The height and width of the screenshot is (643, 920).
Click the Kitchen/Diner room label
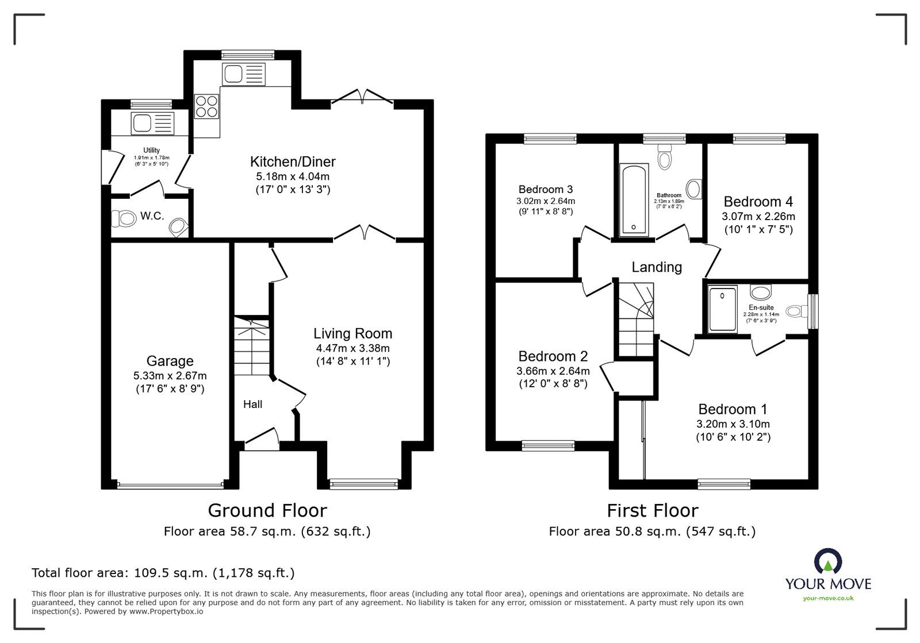click(293, 161)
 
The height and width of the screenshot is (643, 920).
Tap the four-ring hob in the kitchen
click(207, 106)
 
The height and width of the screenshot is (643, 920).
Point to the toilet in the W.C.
click(122, 218)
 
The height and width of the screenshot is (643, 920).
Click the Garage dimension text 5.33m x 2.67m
click(170, 376)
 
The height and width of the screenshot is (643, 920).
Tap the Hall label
click(252, 405)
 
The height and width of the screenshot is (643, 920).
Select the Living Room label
click(352, 333)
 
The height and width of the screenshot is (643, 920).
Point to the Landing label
click(657, 267)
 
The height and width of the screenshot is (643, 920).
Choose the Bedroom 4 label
click(758, 202)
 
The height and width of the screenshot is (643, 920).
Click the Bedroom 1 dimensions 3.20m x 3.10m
click(733, 424)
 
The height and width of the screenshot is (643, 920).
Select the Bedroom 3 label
click(545, 189)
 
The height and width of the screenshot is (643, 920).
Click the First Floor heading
click(652, 510)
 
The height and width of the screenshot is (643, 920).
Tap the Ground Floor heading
click(267, 510)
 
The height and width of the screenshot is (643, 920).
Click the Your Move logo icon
click(827, 561)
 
